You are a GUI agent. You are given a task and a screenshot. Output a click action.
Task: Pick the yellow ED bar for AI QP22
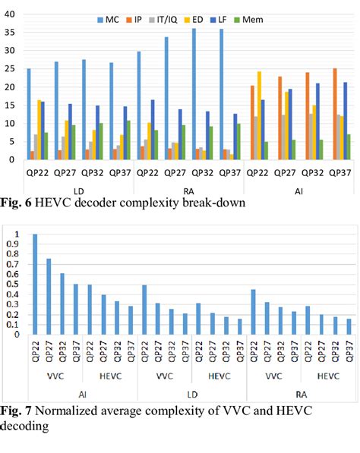[x=280, y=115]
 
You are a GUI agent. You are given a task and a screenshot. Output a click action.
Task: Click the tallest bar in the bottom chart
[x=34, y=284]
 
